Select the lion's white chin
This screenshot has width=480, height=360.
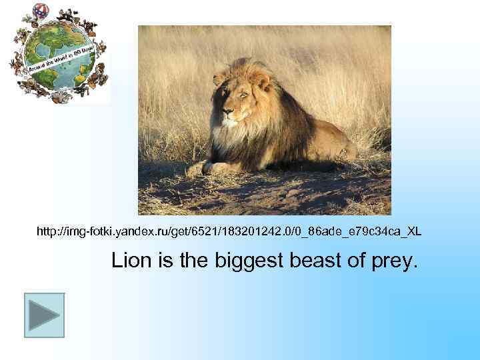pyautogui.click(x=231, y=123)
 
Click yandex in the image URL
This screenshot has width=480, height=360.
pyautogui.click(x=144, y=231)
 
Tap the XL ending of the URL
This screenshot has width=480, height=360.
pyautogui.click(x=413, y=231)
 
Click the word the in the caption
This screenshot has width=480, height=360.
pyautogui.click(x=195, y=260)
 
